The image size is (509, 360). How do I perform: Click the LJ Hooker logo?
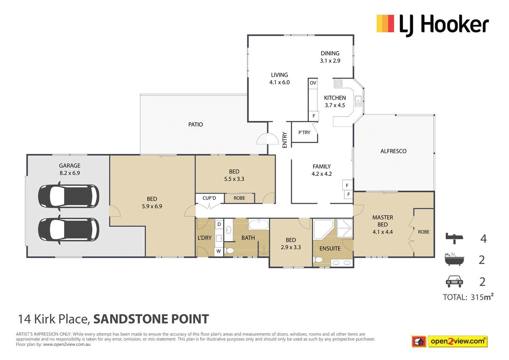432,24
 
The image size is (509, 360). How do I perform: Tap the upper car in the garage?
68,196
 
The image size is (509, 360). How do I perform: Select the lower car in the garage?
68,229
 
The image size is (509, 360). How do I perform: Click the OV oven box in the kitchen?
313,83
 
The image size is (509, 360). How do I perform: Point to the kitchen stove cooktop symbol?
339,83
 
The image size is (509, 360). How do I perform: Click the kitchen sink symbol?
358,101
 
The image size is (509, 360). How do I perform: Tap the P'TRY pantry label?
304,132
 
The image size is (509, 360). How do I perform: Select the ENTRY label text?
285,140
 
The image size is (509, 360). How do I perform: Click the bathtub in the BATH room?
258,225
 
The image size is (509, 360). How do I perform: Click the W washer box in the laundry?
219,251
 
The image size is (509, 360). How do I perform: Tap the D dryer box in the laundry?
219,224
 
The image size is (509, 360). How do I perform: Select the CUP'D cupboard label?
210,198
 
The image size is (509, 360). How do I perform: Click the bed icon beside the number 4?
455,238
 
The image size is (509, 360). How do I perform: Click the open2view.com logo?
458,341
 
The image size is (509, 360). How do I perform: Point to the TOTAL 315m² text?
468,297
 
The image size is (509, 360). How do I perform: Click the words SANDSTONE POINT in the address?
151,319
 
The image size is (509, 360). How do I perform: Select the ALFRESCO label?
393,151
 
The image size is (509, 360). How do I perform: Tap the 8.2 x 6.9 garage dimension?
70,173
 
